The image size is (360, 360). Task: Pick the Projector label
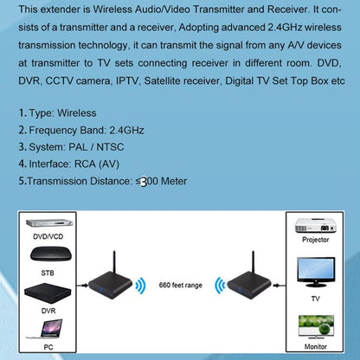(x=314, y=241)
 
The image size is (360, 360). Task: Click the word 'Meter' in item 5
(x=168, y=181)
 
